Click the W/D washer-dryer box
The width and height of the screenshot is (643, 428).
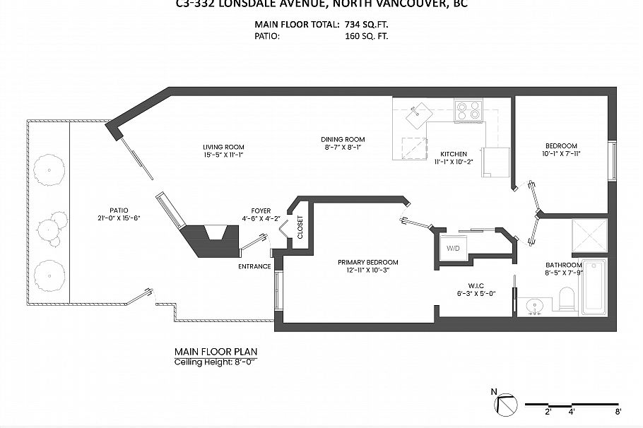pyautogui.click(x=452, y=249)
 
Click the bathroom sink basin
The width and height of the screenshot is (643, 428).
pyautogui.click(x=536, y=306)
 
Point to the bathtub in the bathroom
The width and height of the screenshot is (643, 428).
pyautogui.click(x=594, y=287)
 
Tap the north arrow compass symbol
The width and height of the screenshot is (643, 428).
pyautogui.click(x=507, y=405)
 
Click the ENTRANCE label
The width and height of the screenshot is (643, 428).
pyautogui.click(x=254, y=266)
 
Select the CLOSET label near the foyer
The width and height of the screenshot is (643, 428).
pyautogui.click(x=300, y=227)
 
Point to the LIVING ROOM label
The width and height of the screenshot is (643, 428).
pyautogui.click(x=223, y=147)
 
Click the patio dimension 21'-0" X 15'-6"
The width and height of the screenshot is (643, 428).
pyautogui.click(x=120, y=218)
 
